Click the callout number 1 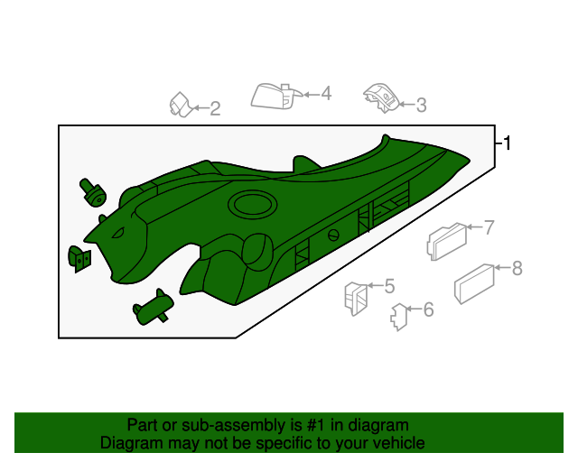508,143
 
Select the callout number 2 215,109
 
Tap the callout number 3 420,106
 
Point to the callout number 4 326,93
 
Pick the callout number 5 389,286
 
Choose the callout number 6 428,310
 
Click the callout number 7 489,227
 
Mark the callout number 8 517,268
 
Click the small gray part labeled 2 181,105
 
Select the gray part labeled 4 273,96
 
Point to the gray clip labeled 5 354,296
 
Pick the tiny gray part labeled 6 396,316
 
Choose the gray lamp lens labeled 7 444,241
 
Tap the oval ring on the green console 252,205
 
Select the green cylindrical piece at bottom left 153,308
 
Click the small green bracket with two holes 80,257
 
